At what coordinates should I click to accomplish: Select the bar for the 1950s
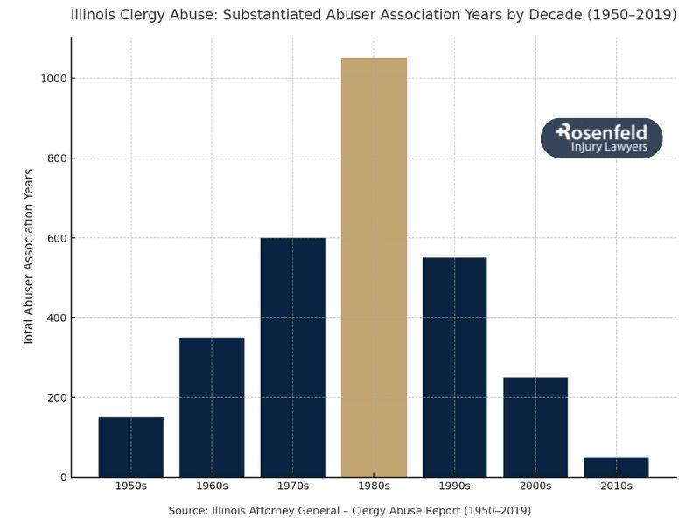click(x=130, y=447)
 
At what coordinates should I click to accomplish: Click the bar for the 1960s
click(x=212, y=407)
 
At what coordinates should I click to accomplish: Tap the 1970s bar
click(x=292, y=357)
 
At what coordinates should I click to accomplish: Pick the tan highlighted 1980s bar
click(x=374, y=267)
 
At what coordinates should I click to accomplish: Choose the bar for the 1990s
click(x=454, y=367)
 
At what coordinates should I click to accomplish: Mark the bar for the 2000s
click(x=535, y=427)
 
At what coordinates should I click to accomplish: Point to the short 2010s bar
click(x=616, y=467)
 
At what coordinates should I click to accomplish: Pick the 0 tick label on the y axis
click(x=61, y=478)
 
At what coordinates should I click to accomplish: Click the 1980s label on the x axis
click(x=374, y=486)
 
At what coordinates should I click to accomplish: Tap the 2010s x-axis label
click(x=616, y=486)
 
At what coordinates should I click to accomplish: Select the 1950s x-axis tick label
click(x=130, y=486)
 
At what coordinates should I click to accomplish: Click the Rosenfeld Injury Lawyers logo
click(x=601, y=138)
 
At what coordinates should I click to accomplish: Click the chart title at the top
click(x=374, y=15)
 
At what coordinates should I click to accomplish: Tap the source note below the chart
click(x=349, y=510)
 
